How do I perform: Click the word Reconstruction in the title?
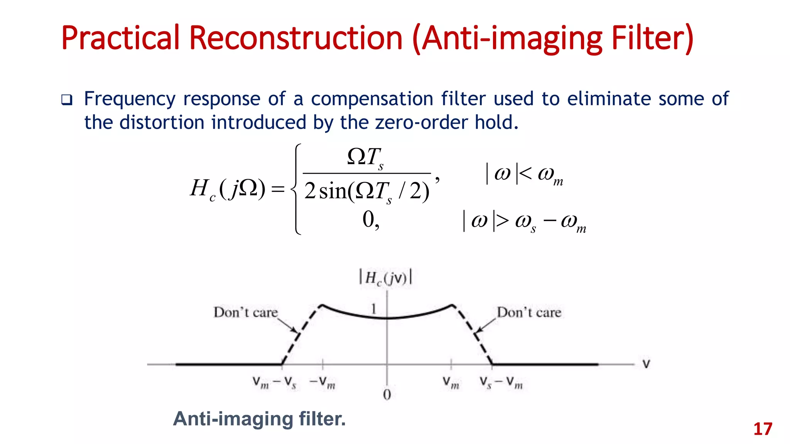pos(296,38)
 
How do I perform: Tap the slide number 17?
pos(763,429)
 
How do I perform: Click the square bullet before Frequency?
pos(67,100)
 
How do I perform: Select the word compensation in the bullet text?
pos(372,99)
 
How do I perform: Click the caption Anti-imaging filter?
pos(259,419)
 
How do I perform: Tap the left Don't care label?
pos(246,312)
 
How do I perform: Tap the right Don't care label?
pos(529,312)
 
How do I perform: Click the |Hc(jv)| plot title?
pos(385,277)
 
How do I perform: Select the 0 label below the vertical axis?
pos(387,395)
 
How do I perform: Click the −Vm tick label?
pos(322,383)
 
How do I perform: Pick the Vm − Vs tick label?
pos(274,383)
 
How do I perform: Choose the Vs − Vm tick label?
pos(501,383)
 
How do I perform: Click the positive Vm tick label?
pos(451,383)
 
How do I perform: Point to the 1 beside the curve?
pos(373,309)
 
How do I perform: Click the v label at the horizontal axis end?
pos(646,364)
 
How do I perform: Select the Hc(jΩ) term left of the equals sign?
pos(228,189)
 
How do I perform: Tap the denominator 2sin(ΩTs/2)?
pos(366,192)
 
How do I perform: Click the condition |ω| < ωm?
pos(524,175)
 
